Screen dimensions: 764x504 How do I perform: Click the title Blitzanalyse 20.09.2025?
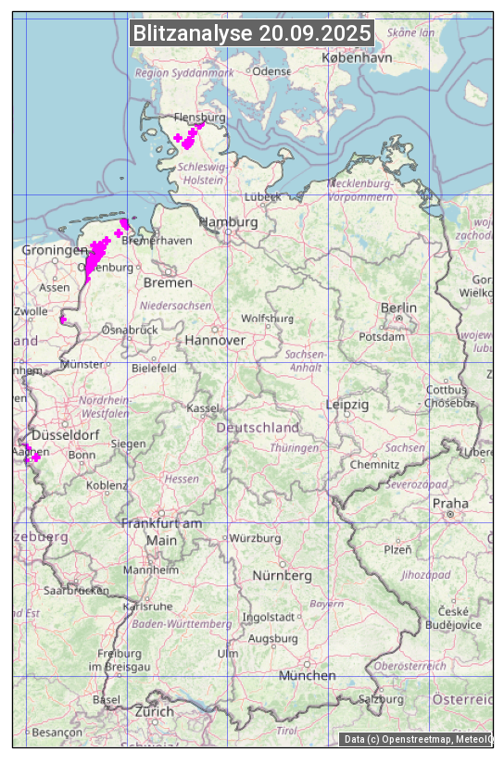[252, 33]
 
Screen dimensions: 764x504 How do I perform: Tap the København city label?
[357, 57]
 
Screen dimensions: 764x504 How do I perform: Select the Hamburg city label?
[228, 223]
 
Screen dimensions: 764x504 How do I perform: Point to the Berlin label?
[398, 307]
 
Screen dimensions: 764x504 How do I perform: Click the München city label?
[307, 676]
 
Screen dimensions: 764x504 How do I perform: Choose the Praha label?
[450, 504]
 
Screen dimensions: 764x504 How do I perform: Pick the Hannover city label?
[215, 341]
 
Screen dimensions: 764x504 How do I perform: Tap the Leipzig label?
[347, 405]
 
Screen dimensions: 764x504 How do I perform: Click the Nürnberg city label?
[283, 576]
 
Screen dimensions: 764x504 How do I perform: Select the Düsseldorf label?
[66, 435]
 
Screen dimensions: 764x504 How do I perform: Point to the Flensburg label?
[200, 119]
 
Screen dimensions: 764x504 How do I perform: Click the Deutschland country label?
[258, 428]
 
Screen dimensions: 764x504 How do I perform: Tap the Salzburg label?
[381, 699]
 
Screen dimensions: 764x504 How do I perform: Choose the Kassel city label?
[203, 408]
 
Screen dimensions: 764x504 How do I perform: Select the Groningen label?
[54, 251]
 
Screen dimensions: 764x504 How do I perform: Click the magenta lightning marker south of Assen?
[63, 320]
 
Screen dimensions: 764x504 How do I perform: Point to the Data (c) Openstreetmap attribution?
[417, 739]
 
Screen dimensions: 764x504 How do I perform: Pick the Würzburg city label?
[255, 538]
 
